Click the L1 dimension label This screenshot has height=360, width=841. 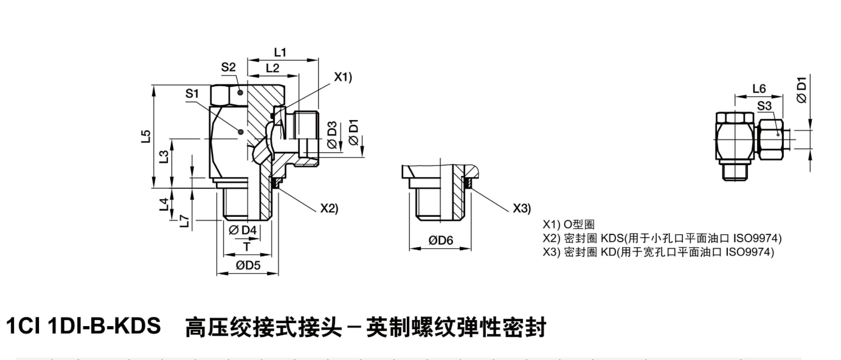tap(280, 52)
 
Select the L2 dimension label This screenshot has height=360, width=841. tap(272, 68)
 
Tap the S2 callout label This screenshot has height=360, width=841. tap(228, 67)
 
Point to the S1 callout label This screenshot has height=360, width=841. tap(193, 94)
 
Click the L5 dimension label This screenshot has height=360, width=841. tap(146, 137)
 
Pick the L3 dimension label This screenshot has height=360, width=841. tap(163, 157)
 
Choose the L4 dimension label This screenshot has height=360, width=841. tap(163, 205)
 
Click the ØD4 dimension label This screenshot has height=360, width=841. tap(243, 230)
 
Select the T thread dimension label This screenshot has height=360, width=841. tap(246, 247)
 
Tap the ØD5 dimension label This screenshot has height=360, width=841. tap(248, 265)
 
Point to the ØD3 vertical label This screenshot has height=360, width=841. tap(332, 135)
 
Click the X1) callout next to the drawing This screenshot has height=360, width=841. tap(342, 77)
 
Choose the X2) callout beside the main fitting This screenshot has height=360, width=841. tap(329, 208)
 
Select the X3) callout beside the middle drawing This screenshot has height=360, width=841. tap(521, 208)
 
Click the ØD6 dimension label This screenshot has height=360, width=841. tap(441, 240)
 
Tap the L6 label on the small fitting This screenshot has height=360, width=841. tap(759, 89)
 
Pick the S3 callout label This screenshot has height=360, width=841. tap(764, 106)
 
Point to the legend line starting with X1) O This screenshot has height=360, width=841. tap(568, 224)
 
